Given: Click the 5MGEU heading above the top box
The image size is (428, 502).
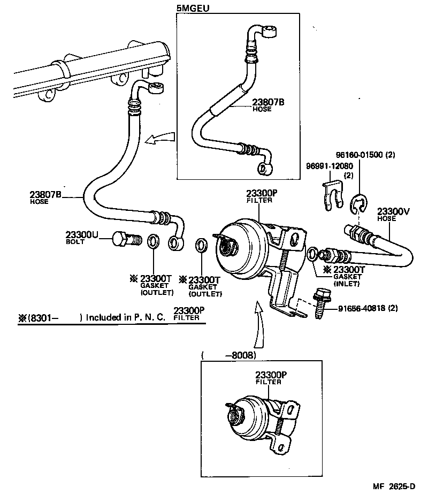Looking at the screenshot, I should click(x=193, y=9).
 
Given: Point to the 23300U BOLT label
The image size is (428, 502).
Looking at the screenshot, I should click(x=81, y=238).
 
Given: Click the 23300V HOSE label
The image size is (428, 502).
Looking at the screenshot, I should click(x=393, y=214).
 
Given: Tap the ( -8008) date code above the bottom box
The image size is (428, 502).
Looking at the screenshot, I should click(x=228, y=355).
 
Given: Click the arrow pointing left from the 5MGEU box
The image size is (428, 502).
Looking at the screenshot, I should click(x=160, y=140).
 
